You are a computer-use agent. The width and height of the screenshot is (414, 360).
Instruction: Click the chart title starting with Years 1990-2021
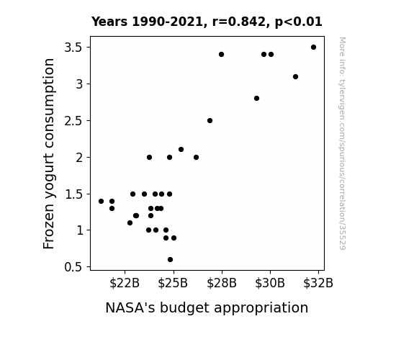[207, 22]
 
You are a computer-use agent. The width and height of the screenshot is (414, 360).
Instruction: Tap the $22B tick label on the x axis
[125, 283]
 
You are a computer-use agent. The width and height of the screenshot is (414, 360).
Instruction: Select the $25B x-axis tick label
[173, 283]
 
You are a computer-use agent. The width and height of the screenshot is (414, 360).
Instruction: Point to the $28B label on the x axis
[222, 283]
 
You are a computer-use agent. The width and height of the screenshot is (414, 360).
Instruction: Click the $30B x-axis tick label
[270, 283]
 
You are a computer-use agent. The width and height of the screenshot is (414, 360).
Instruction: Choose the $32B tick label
[318, 283]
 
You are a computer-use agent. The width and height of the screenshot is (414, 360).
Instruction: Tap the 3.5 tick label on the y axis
[73, 48]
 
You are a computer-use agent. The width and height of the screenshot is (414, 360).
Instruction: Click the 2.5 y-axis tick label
[73, 121]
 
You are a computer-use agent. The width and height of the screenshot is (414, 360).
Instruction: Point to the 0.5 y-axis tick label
[73, 267]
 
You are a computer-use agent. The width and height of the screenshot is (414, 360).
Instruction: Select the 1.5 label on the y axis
[73, 194]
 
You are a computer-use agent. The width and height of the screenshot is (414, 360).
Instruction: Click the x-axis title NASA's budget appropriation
[207, 307]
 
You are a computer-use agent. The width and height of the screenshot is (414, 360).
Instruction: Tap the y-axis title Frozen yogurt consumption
[49, 153]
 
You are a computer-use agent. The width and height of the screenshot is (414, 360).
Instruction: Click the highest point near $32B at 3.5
[313, 48]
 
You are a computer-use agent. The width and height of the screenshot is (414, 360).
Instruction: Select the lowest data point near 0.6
[171, 260]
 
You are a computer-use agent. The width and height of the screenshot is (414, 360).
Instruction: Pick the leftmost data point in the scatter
[101, 202]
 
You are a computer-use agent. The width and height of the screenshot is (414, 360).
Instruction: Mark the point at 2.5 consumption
[210, 121]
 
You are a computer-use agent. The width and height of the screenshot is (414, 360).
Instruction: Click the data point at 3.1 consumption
[295, 76]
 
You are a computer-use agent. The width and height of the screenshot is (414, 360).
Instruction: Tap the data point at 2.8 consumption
[256, 98]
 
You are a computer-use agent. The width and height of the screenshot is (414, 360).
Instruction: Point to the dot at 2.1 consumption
[181, 150]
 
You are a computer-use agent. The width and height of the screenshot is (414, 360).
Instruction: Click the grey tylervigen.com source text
[343, 143]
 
